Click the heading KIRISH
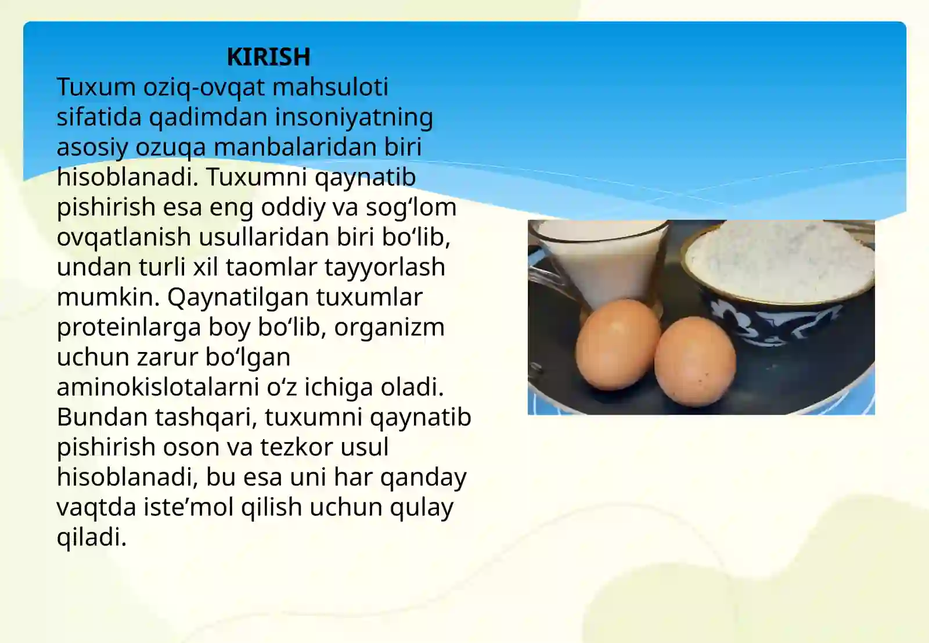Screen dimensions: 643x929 pos(268,57)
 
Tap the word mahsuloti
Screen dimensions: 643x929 pos(330,87)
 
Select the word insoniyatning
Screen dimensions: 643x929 pos(354,117)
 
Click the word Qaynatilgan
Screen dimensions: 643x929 pos(238,297)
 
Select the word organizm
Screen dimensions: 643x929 pos(389,328)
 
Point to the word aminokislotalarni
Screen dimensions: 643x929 pos(157,387)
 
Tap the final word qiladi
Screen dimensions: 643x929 pos(91,537)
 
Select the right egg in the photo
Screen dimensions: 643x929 pos(694,360)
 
